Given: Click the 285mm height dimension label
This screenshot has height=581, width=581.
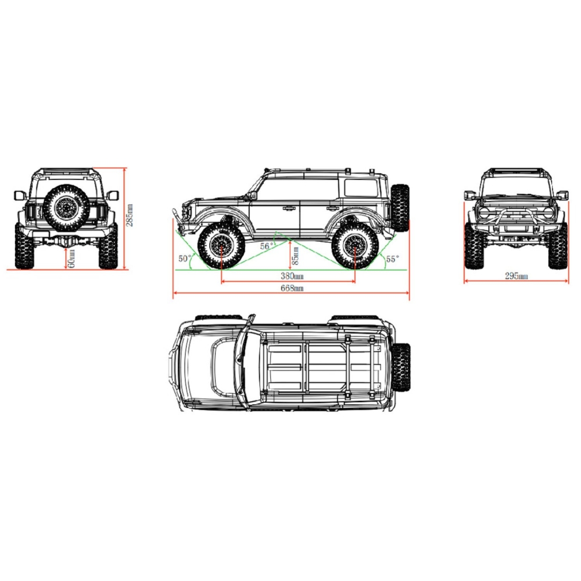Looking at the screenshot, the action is coord(130,216).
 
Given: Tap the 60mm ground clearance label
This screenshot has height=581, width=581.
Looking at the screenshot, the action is coord(71,259).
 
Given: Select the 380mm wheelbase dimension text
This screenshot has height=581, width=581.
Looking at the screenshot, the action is coord(292,276).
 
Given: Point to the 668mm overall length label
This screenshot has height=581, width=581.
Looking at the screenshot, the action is coord(292,288).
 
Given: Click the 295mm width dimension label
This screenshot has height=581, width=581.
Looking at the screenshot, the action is coord(517,276).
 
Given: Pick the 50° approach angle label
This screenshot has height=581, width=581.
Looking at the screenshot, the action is coord(185,259).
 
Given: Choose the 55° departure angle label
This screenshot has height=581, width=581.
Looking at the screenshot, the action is coord(392,259).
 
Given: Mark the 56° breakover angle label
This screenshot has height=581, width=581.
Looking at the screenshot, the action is coord(267,246).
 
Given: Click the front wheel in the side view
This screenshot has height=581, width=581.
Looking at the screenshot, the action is coord(221,245).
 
